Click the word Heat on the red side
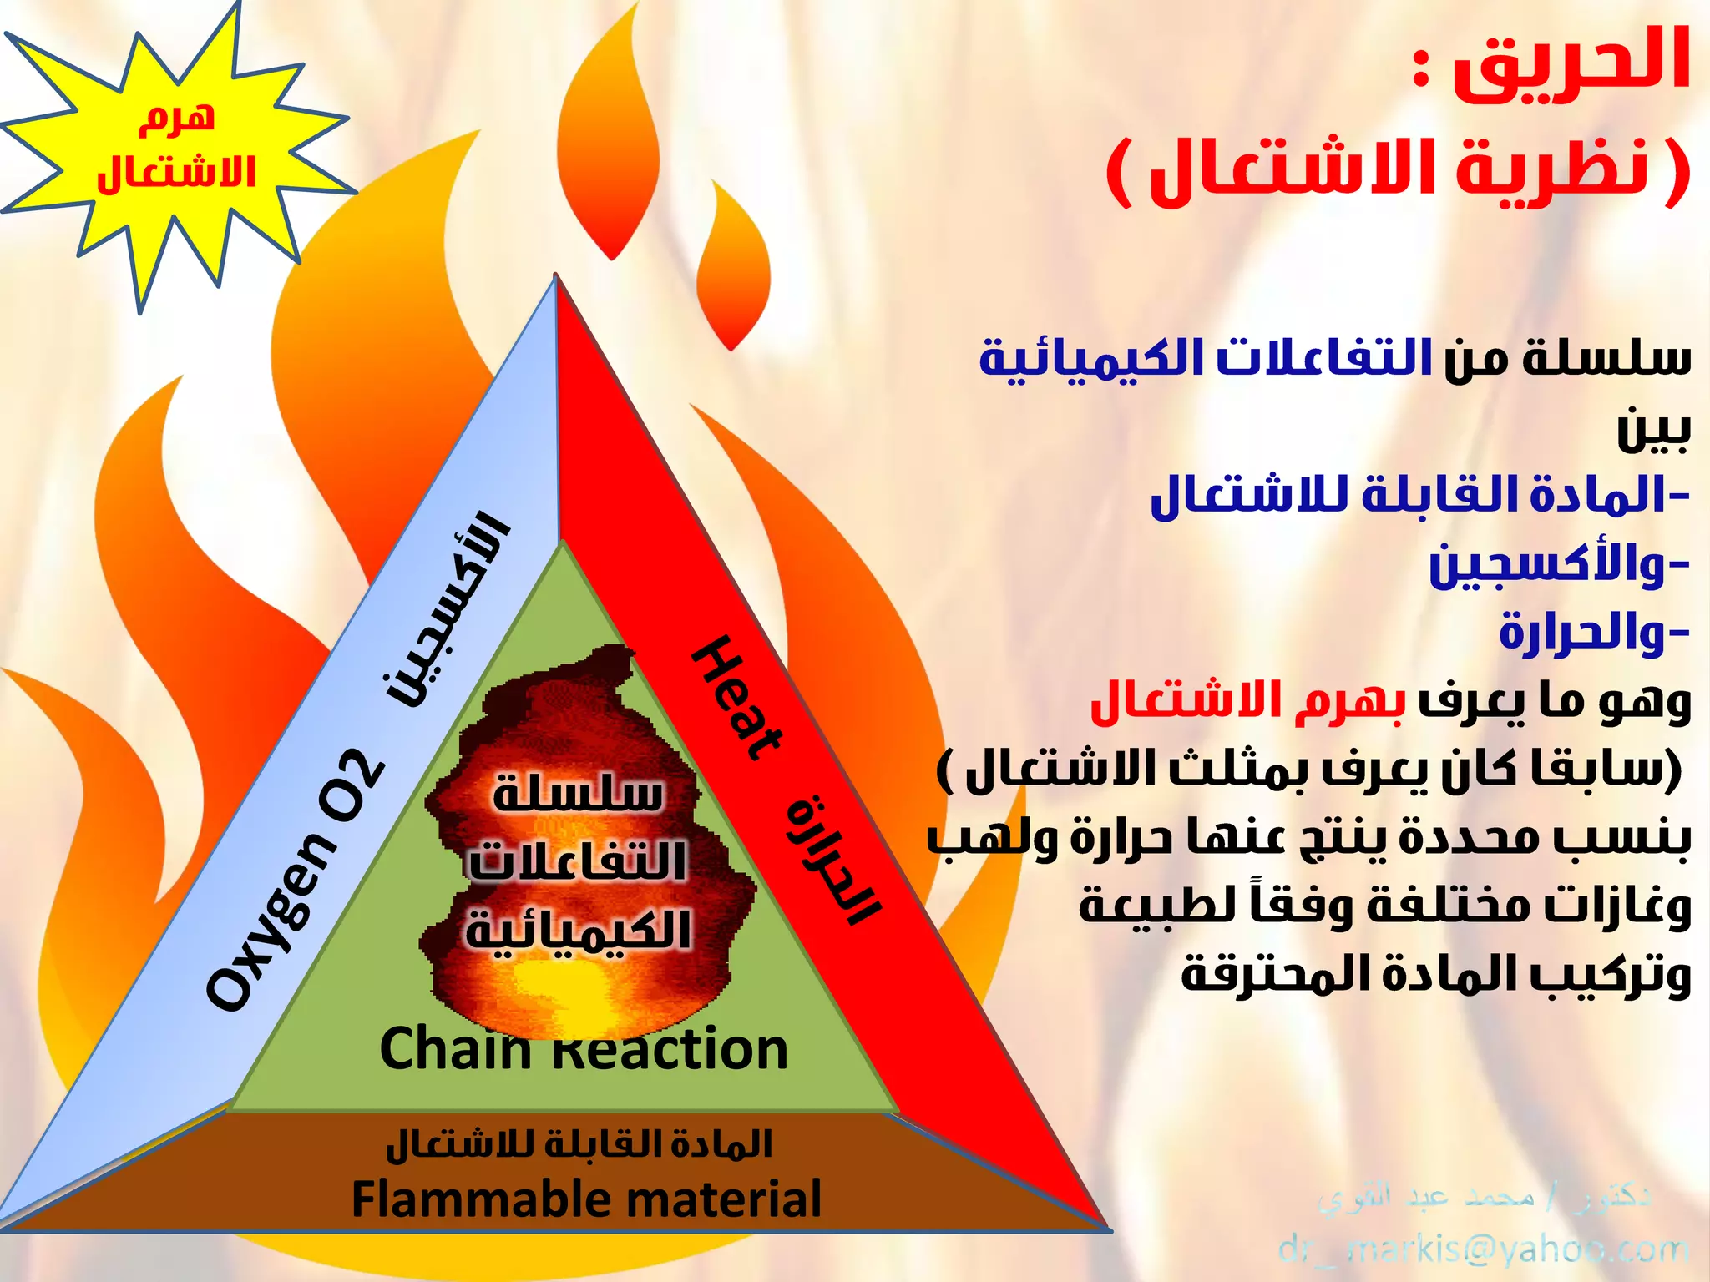[x=736, y=699]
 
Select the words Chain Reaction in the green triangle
[x=584, y=1050]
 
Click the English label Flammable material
[x=586, y=1199]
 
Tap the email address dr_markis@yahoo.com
[x=1483, y=1249]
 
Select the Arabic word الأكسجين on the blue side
[x=447, y=609]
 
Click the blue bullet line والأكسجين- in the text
[x=1558, y=565]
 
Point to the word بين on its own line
[x=1653, y=429]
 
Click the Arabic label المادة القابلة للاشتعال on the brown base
[x=579, y=1144]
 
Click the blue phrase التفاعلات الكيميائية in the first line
[x=1206, y=357]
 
